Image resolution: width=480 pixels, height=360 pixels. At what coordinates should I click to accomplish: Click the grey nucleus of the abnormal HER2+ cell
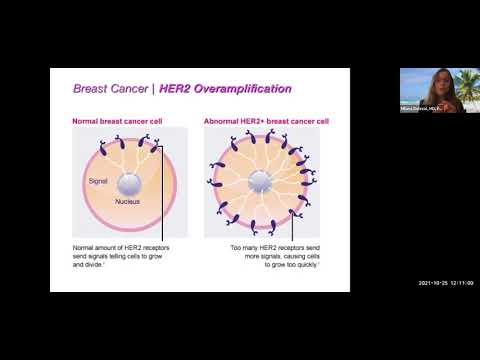coord(260,182)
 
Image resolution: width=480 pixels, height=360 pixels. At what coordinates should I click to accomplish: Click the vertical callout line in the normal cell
coord(162,200)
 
